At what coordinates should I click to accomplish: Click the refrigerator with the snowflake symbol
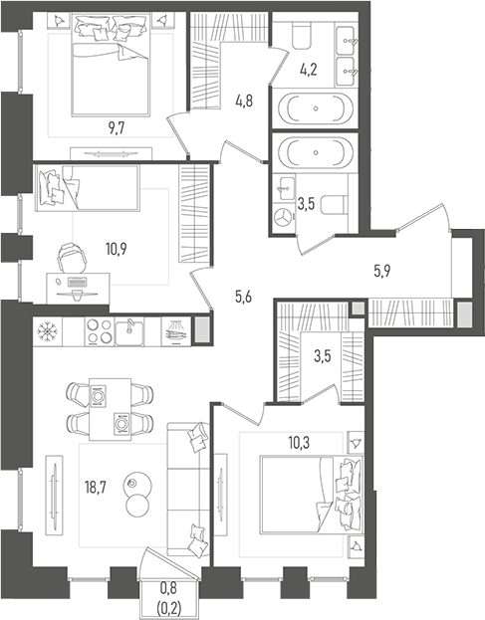[46, 331]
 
